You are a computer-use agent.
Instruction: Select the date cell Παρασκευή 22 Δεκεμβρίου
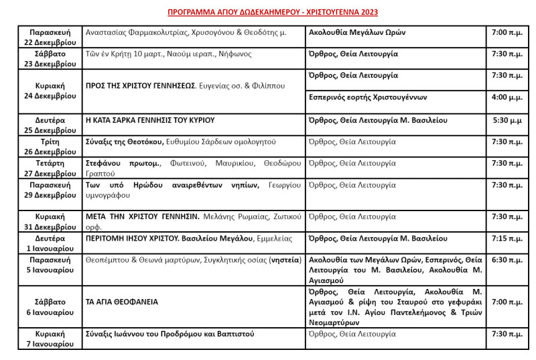50,37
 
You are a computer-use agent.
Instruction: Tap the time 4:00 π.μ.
507,97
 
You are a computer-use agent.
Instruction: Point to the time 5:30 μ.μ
507,121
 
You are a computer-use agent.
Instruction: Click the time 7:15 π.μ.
507,238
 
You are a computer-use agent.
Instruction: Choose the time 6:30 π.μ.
507,259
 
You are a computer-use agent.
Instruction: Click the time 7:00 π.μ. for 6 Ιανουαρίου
507,302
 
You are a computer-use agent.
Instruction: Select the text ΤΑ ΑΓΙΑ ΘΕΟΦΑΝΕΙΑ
122,302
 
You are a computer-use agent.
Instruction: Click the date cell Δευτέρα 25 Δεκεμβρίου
50,125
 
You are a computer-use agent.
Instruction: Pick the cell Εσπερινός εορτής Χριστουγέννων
367,97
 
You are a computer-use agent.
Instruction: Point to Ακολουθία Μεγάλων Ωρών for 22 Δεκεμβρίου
356,32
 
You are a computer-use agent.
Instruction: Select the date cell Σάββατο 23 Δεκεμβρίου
50,58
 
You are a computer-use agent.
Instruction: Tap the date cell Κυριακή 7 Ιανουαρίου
50,339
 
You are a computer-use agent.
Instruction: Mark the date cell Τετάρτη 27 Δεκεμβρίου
50,168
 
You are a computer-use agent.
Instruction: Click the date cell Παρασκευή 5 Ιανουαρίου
50,264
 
